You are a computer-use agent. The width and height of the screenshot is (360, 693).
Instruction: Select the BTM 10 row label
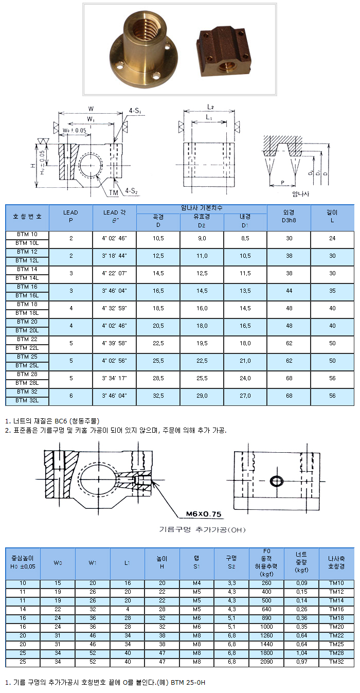tap(27, 235)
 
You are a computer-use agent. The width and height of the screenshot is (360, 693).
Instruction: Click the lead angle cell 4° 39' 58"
tap(115, 343)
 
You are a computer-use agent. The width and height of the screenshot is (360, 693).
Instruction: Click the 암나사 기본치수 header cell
tap(202, 208)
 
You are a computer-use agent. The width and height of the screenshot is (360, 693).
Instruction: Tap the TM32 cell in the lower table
tap(336, 661)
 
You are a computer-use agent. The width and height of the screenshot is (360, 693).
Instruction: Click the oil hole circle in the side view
tap(277, 481)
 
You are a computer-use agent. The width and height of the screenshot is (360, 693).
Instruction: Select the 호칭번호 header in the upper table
tap(27, 217)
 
